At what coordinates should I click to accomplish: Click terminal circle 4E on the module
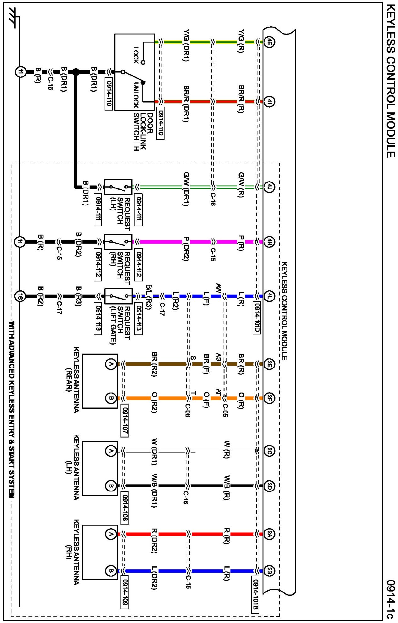[x=269, y=42]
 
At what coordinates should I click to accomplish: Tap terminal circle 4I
[x=269, y=102]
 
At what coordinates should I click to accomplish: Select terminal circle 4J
[x=269, y=187]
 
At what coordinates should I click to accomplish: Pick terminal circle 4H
[x=269, y=242]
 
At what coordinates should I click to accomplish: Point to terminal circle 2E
[x=269, y=364]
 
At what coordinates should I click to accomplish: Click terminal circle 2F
[x=269, y=398]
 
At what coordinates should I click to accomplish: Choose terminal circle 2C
[x=269, y=451]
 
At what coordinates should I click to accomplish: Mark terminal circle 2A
[x=269, y=534]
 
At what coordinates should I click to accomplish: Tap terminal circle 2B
[x=269, y=570]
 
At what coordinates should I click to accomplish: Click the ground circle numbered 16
[x=20, y=296]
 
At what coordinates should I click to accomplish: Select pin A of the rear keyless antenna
[x=111, y=364]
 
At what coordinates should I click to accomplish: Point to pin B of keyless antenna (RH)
[x=111, y=570]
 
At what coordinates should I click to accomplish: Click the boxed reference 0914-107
[x=125, y=420]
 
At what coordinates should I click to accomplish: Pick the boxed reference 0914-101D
[x=257, y=317]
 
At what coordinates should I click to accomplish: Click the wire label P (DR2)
[x=186, y=249]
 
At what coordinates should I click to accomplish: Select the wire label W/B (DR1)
[x=155, y=491]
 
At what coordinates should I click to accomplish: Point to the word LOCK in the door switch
[x=136, y=55]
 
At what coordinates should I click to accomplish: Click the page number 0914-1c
[x=390, y=599]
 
